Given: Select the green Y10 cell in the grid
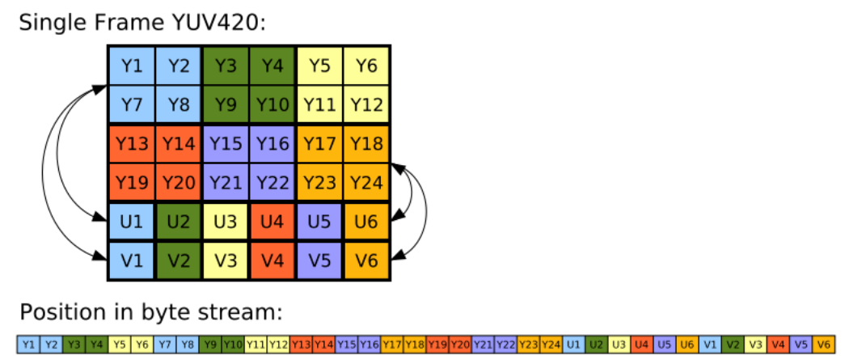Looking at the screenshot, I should (x=273, y=104).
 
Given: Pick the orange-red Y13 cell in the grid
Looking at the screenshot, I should (x=132, y=143).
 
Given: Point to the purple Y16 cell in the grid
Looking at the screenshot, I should (x=273, y=143).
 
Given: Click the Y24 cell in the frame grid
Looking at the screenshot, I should (x=366, y=182).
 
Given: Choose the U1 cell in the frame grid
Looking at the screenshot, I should (x=132, y=222).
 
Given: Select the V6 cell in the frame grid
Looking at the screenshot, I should (x=366, y=261).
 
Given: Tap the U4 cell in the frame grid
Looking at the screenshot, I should (x=273, y=222).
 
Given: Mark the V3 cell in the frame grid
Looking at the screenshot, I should (x=226, y=261).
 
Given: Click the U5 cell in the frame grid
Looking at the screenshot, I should (x=319, y=222).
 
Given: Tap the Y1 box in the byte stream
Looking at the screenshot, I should (x=28, y=343).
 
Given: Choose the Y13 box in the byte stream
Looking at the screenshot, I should (x=301, y=343).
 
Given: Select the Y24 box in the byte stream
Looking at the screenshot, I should (x=551, y=343).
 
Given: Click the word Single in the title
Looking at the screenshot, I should (x=49, y=22).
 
